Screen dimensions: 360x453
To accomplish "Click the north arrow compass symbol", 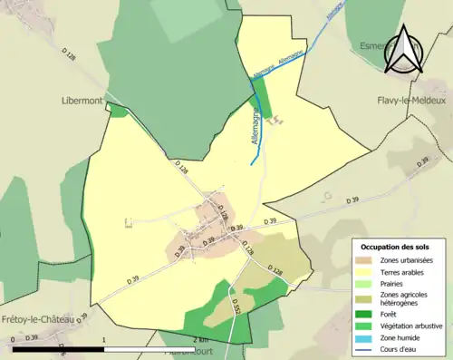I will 403,51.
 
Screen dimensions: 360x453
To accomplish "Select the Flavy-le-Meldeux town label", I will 411,100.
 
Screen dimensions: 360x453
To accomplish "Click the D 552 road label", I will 236,306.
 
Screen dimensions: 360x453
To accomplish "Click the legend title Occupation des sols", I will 396,247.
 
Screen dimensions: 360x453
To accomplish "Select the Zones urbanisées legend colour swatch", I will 365,260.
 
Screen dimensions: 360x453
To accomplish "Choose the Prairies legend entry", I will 392,283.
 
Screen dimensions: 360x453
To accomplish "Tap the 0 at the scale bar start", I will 14,338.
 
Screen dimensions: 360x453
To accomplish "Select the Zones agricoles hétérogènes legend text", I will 404,298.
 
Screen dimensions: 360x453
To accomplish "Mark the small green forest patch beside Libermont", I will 118,111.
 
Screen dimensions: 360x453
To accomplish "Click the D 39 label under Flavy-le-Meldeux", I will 422,161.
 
